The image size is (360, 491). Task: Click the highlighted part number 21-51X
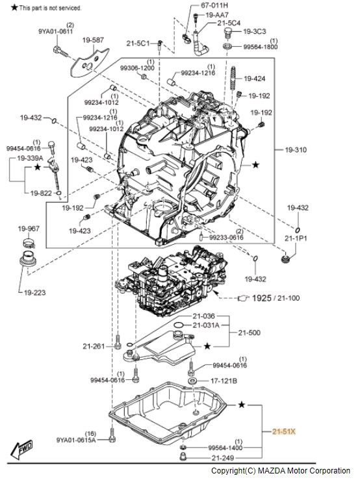(283, 431)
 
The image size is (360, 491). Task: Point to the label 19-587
(93, 40)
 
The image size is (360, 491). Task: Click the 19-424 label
(255, 79)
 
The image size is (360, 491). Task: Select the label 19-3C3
(255, 31)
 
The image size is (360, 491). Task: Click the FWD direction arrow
(21, 449)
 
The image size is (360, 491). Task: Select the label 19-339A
(30, 158)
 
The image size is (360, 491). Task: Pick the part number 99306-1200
(137, 68)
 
